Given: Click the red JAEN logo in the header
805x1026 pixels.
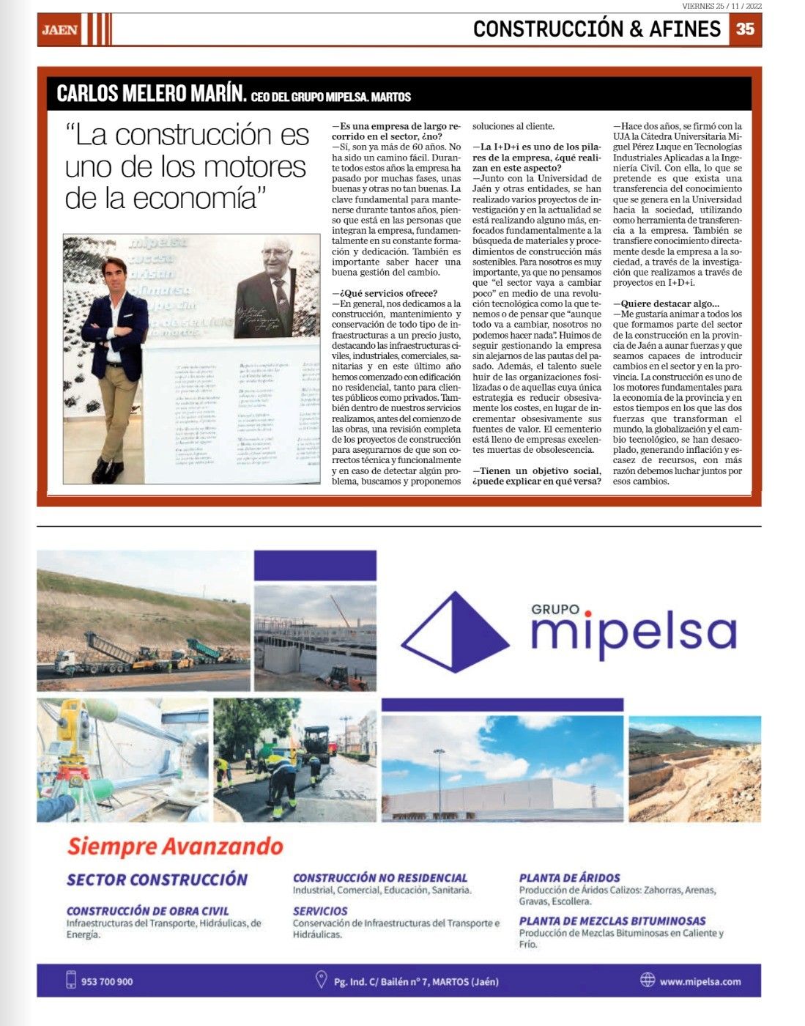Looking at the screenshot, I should coord(59,30).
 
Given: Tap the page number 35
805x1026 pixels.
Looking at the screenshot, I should coord(744,29).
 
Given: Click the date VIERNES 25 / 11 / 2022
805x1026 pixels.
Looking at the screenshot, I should coord(721,6).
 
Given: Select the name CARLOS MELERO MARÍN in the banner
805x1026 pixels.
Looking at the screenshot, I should coord(151,94).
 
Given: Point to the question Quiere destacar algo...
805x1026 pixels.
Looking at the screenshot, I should coord(667,303).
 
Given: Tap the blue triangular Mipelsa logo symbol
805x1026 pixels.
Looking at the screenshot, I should coord(454,632).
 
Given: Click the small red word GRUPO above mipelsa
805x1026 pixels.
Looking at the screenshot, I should coord(555,609).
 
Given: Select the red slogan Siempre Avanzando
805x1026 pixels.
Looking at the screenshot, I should coord(175,846).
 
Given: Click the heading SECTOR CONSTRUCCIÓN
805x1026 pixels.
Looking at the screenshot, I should coord(157,879).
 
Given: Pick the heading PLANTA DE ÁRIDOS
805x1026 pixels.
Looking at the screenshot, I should coord(569,877).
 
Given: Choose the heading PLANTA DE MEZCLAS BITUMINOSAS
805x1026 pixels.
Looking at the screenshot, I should coord(612,920).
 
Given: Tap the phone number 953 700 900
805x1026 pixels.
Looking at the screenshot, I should coord(107,981).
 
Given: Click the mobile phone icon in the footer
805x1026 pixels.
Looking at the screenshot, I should coord(71,980).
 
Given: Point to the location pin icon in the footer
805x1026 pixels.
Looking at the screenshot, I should coord(320,980).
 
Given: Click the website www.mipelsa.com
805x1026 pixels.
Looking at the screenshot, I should coord(700,981).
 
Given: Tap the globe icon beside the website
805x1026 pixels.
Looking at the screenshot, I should coord(647,980).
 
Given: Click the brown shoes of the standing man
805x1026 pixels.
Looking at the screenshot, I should coord(108,472).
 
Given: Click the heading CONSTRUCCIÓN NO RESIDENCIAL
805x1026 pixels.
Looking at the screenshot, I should coord(379,877).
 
